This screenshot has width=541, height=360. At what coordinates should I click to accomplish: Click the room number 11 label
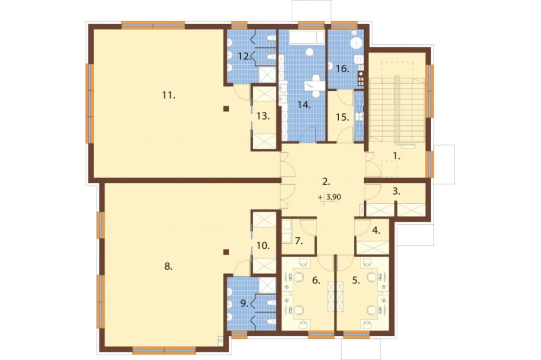coord(169,95)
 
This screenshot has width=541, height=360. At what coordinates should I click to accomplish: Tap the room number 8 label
coord(168,266)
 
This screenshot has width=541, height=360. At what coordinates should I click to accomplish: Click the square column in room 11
coord(226,109)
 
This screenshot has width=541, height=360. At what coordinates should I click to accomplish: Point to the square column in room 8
coord(226,252)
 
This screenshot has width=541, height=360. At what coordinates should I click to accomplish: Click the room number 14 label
coord(304,105)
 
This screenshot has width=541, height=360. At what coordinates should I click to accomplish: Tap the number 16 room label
coord(342,69)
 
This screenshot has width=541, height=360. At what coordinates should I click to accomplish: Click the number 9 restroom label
coord(245,304)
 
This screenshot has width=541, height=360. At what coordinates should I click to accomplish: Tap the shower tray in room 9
coord(267,285)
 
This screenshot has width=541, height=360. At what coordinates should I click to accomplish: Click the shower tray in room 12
coord(267,75)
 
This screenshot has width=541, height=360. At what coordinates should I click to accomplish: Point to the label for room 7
coord(299,241)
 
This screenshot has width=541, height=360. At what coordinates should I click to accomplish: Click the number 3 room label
coord(397,191)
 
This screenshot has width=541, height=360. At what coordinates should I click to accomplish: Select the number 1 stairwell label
coord(397,156)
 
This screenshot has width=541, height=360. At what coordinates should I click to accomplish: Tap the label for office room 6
coord(316,281)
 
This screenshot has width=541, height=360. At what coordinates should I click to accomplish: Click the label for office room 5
coord(356,281)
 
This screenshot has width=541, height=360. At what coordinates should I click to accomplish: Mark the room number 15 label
coord(342,117)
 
